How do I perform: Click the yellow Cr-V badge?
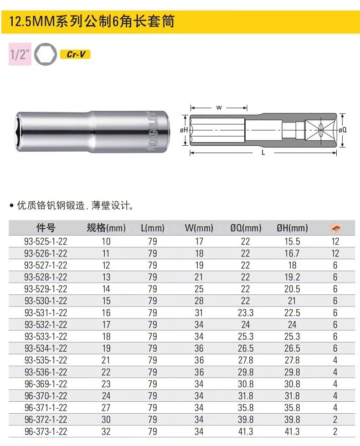tap(75, 54)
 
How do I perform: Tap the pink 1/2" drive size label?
tap(20, 54)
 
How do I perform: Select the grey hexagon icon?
tap(46, 54)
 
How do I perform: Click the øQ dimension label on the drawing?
tap(343, 130)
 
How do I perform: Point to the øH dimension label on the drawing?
tap(184, 130)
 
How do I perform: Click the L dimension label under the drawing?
tap(263, 153)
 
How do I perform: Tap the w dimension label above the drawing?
tap(219, 108)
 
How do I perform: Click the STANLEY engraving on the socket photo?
tap(152, 131)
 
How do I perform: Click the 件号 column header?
tap(46, 227)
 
